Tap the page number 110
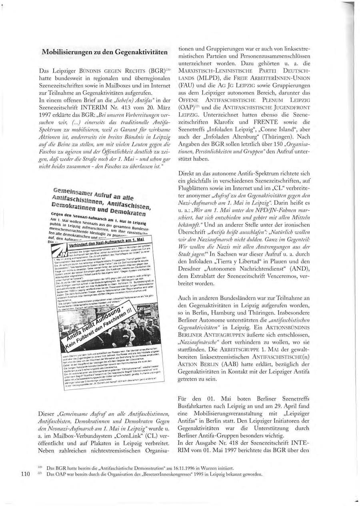25,474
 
